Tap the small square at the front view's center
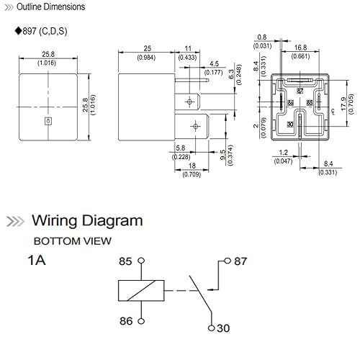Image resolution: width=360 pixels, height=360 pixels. pos(48,122)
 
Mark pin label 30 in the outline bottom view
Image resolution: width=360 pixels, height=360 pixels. pos(289,124)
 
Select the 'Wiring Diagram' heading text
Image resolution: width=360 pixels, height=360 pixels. pos(86,220)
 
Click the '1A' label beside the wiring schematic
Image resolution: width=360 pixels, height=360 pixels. pos(37,261)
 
